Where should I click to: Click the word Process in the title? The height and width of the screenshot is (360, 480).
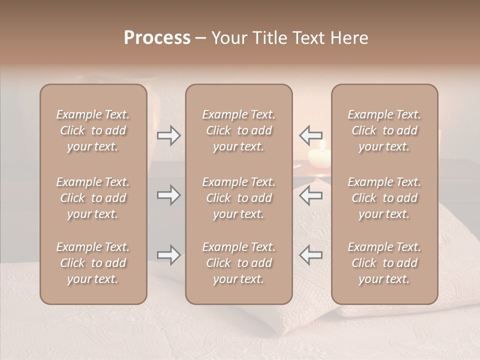click(x=157, y=38)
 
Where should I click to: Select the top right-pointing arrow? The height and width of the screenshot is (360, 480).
click(x=169, y=135)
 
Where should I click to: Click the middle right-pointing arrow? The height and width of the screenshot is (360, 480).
click(x=169, y=195)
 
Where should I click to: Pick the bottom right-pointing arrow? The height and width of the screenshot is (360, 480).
click(x=169, y=255)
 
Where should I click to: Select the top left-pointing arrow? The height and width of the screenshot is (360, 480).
click(x=310, y=135)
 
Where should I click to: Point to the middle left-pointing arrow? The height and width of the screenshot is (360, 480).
click(x=310, y=195)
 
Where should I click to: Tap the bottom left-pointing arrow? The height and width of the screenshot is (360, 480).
click(x=310, y=255)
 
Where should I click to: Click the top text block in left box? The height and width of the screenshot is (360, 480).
click(x=93, y=130)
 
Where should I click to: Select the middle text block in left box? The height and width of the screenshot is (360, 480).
click(x=93, y=198)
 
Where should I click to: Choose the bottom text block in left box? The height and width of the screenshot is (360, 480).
click(x=93, y=263)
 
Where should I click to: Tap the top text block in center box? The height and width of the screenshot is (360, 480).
click(x=239, y=130)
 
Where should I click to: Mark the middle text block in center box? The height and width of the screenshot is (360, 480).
click(x=239, y=198)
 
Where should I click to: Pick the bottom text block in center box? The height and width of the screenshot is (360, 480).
click(x=239, y=263)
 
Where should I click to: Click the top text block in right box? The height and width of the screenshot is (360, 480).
click(x=384, y=130)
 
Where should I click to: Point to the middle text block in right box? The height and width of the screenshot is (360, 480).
click(x=384, y=198)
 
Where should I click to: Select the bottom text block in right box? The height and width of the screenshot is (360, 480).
click(x=384, y=263)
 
